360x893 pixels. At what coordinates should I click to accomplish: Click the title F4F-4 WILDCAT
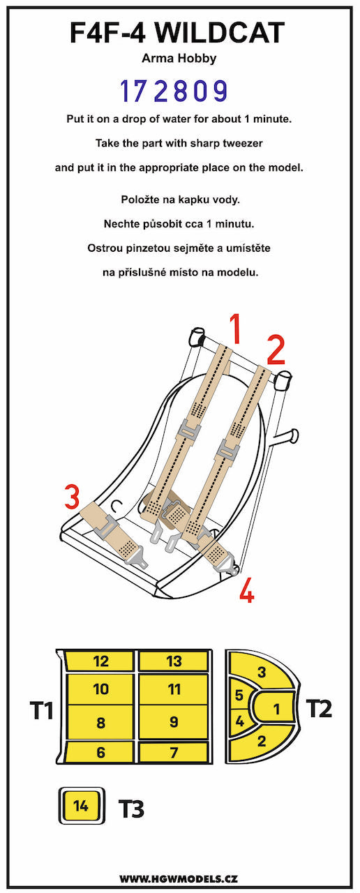[x=177, y=32]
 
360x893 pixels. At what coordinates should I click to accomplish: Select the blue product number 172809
[x=174, y=91]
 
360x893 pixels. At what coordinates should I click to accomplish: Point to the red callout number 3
[x=72, y=497]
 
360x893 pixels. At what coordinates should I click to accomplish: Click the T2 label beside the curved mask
[x=319, y=708]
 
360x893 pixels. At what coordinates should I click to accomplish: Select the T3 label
[x=130, y=809]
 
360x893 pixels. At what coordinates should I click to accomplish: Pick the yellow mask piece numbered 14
[x=81, y=806]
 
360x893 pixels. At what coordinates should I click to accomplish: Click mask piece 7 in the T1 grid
[x=174, y=752]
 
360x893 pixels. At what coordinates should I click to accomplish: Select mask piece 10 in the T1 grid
[x=100, y=689]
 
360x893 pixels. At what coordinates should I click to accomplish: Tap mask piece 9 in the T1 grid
[x=174, y=721]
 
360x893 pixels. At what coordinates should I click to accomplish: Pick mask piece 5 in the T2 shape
[x=239, y=696]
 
